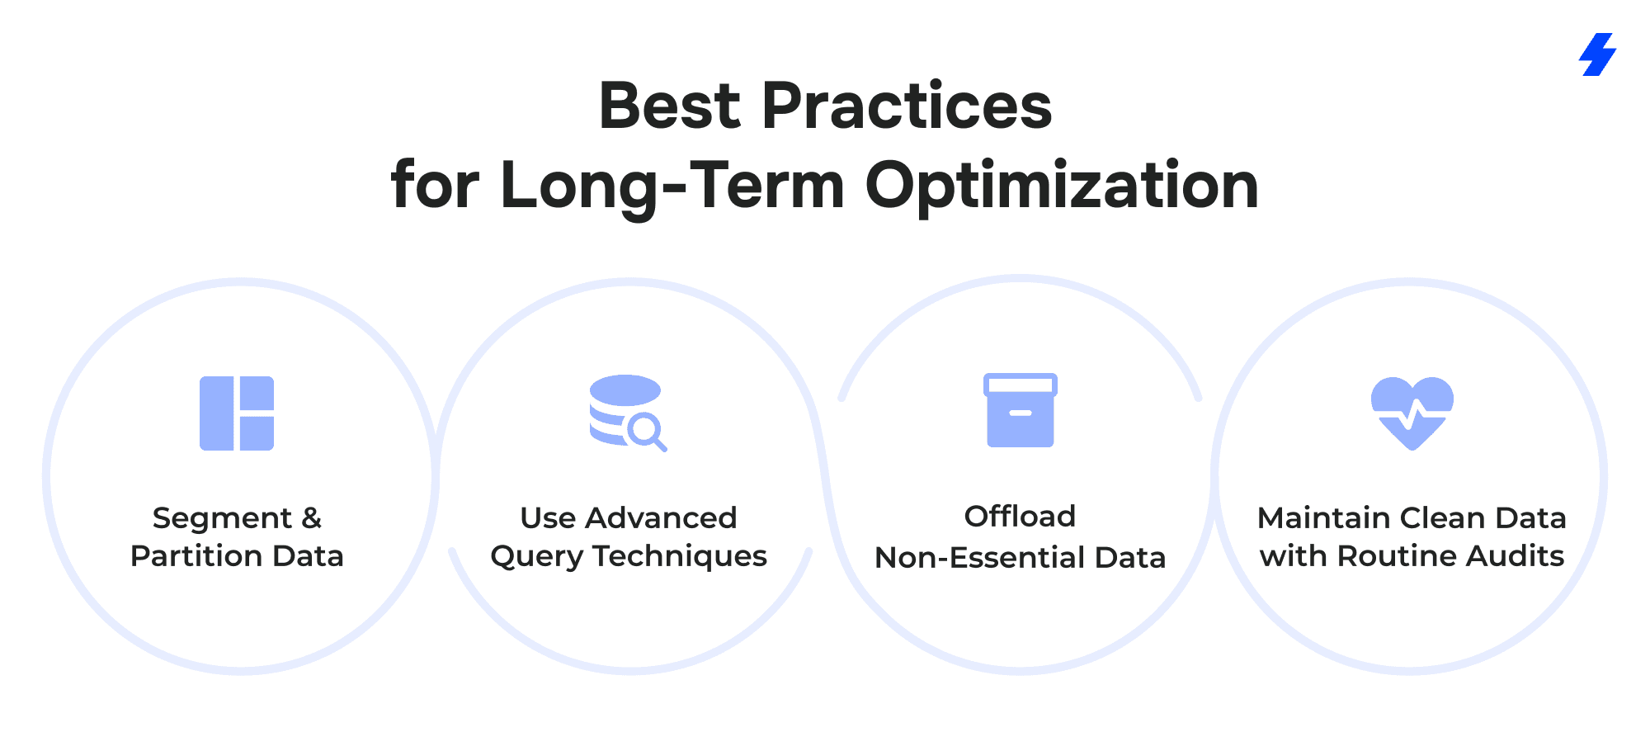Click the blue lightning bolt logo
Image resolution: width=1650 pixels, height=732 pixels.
[x=1597, y=54]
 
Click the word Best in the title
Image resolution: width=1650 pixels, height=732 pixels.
[x=670, y=106]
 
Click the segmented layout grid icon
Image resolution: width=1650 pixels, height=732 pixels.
[x=237, y=413]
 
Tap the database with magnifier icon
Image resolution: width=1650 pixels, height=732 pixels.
[x=628, y=413]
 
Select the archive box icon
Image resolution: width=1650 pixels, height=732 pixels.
[x=1021, y=410]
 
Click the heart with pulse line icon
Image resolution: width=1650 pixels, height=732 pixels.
[x=1412, y=413]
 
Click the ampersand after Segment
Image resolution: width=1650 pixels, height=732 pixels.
[x=312, y=518]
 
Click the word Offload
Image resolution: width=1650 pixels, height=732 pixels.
[x=1021, y=517]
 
